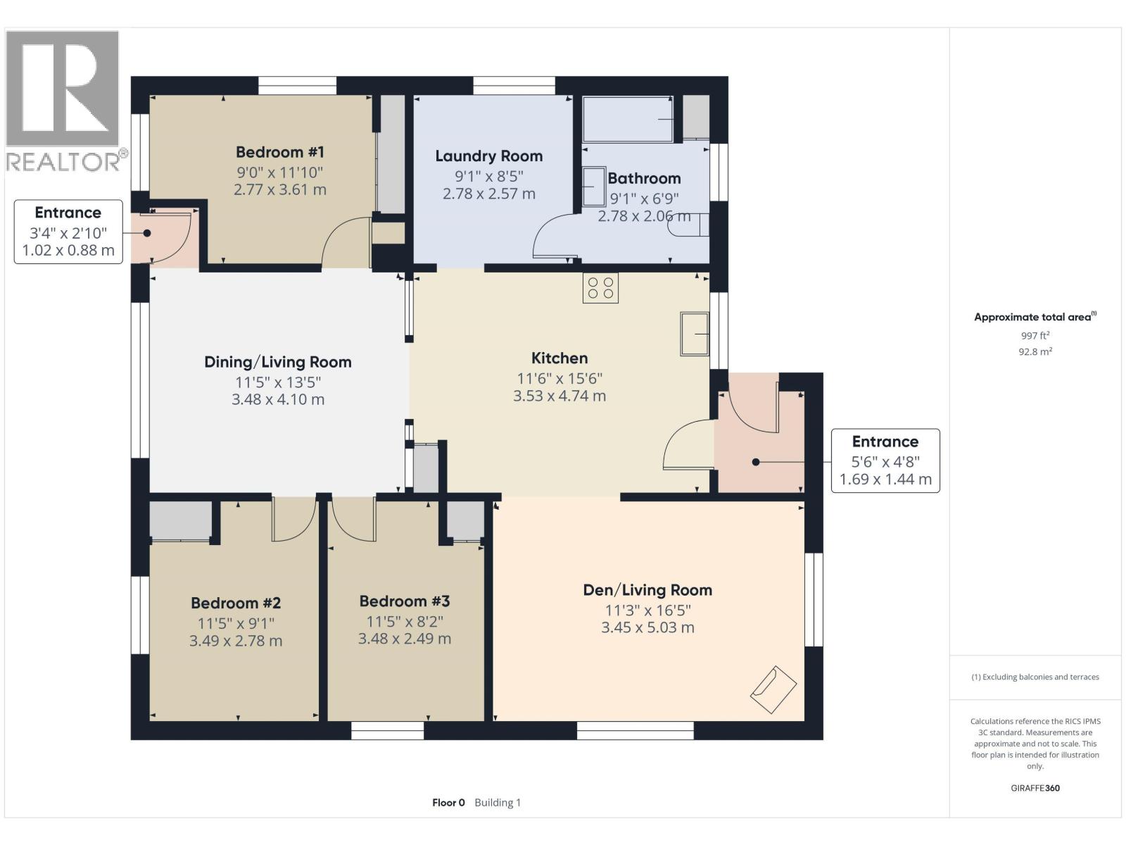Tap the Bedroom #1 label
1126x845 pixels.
(x=279, y=152)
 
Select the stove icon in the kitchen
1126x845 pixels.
(x=600, y=288)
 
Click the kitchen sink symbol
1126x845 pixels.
(x=695, y=334)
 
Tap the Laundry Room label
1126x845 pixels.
(x=488, y=156)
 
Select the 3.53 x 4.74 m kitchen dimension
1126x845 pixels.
(x=559, y=396)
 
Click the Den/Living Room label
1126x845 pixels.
(x=647, y=590)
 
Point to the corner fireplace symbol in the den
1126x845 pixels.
(x=773, y=689)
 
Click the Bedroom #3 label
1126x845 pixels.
(x=405, y=601)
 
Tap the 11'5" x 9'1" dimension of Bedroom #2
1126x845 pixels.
(x=236, y=623)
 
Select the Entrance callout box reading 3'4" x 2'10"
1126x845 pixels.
(x=68, y=232)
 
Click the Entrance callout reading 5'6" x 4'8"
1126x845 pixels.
(x=885, y=461)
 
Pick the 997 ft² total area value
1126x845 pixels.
(x=1035, y=336)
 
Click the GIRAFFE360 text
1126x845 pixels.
(x=1035, y=788)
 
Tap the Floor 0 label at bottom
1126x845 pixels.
(x=448, y=803)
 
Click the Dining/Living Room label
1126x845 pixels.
(x=278, y=362)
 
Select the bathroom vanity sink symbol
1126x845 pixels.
(x=594, y=186)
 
